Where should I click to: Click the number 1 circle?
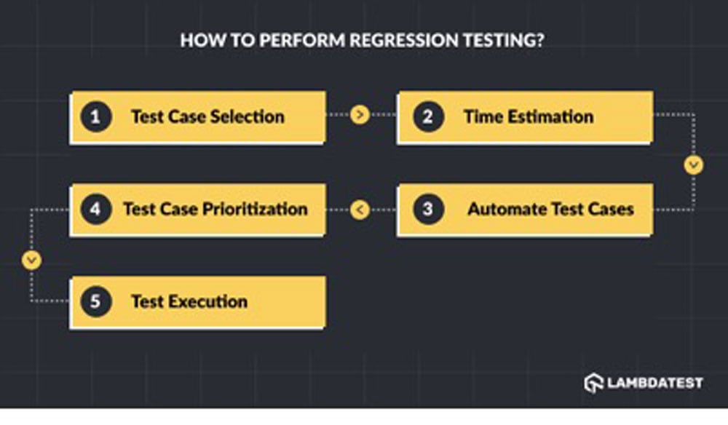pos(95,116)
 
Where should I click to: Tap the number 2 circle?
pos(428,116)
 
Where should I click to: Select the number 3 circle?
pos(428,210)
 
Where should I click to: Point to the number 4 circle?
pos(95,210)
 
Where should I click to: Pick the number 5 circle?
pos(95,301)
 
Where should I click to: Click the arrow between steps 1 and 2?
pos(360,114)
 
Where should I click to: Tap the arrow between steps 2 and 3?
pos(694,164)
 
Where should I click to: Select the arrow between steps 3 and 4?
pos(360,210)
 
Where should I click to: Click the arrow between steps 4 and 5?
pos(31,261)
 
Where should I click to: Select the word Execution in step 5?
pos(207,301)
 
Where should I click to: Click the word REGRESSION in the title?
pos(403,40)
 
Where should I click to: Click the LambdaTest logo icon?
pos(594,383)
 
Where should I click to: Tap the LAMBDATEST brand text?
pos(655,384)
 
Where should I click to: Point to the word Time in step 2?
pos(483,116)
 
